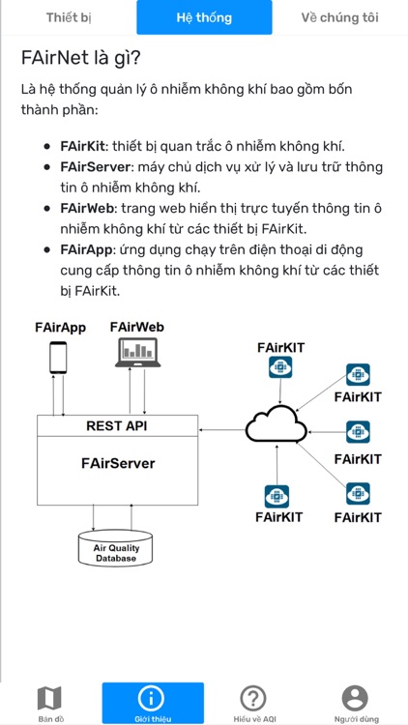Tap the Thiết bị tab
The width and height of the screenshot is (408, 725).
[x=69, y=17]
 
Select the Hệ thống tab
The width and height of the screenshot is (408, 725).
[x=203, y=17]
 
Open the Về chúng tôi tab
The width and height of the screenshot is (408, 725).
[x=339, y=17]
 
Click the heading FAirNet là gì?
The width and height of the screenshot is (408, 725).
[x=81, y=57]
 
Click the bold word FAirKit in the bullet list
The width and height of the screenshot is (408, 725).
[x=83, y=147]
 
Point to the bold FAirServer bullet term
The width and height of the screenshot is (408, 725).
[x=94, y=167]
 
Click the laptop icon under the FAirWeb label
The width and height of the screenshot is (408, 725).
[x=136, y=358]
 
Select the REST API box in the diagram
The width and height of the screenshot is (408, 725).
[x=117, y=425]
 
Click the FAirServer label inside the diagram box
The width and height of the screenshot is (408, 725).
[x=117, y=464]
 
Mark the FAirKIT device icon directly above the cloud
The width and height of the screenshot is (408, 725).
[x=279, y=367]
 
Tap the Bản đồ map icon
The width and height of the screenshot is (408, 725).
[x=49, y=698]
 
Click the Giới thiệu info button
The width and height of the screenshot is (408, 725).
[x=152, y=698]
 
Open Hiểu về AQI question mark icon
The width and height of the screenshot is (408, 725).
[x=253, y=698]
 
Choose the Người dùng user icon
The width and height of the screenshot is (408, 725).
[x=355, y=698]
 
